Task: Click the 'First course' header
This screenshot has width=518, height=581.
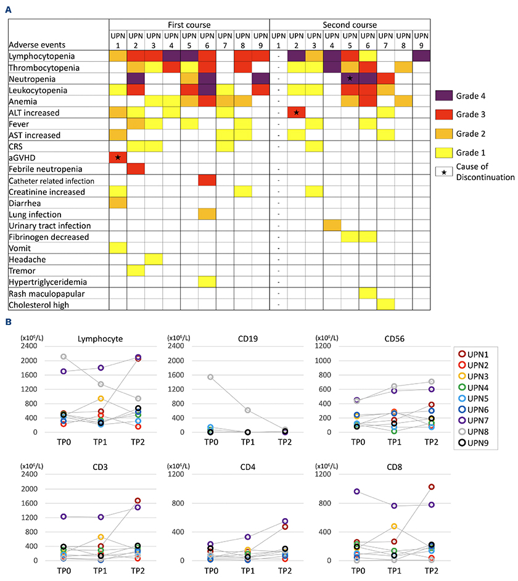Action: (x=189, y=25)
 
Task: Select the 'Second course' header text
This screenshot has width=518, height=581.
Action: (x=350, y=25)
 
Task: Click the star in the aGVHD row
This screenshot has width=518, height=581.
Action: (x=118, y=159)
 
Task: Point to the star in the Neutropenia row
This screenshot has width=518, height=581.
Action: (x=350, y=79)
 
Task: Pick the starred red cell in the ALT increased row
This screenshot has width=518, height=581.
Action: (x=297, y=113)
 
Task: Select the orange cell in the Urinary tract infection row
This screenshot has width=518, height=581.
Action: (x=332, y=226)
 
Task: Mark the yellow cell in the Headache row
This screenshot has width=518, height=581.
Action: (x=154, y=259)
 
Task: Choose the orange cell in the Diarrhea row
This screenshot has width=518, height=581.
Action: (x=118, y=203)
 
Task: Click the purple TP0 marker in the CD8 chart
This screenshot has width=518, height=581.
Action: (x=357, y=492)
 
